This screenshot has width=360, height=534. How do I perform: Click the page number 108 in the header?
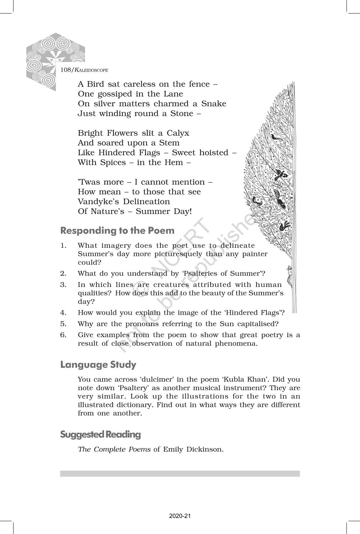tap(66, 70)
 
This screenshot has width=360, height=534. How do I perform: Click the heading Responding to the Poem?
tap(117, 231)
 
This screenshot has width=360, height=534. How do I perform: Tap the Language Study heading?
tap(98, 365)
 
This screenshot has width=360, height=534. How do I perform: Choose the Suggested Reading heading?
tap(100, 434)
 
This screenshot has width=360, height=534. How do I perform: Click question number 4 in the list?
tap(63, 313)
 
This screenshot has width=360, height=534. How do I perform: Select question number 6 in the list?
tap(63, 335)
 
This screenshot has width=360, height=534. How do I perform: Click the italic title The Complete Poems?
tap(114, 449)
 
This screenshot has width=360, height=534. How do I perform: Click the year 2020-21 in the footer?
tap(180, 516)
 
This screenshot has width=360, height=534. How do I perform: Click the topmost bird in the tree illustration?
tap(274, 137)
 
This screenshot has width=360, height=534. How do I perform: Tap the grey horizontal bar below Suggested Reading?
tap(180, 473)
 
